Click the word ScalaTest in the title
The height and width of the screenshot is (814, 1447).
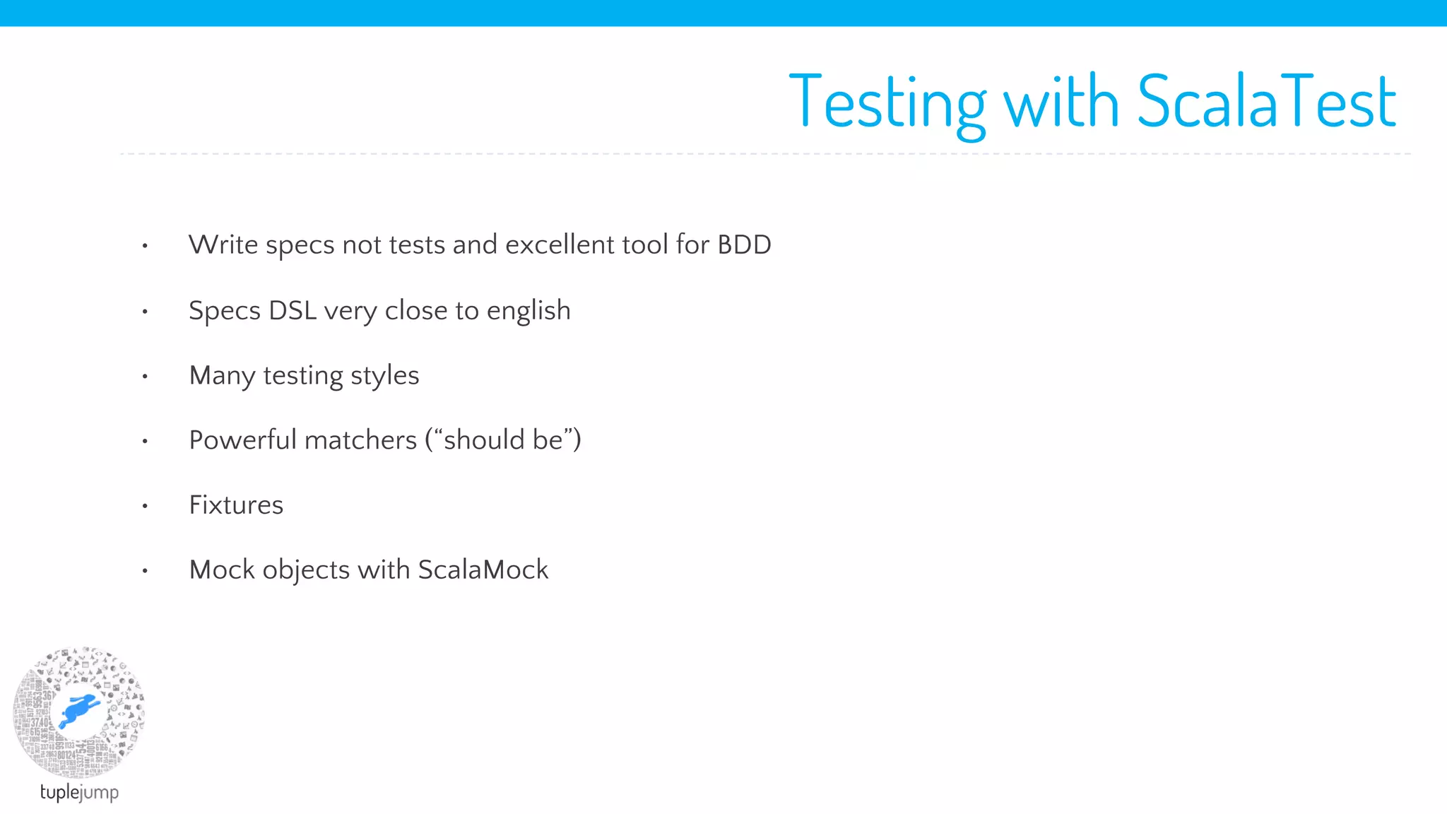1266,102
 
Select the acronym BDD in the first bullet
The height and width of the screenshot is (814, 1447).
744,244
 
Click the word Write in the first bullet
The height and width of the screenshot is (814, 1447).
223,244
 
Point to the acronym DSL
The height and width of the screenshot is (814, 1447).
293,310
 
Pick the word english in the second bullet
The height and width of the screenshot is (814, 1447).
528,312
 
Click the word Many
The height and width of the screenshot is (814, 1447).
222,376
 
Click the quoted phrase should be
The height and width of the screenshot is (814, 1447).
503,440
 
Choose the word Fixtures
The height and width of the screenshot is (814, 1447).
236,505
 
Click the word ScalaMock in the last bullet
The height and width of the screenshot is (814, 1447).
483,570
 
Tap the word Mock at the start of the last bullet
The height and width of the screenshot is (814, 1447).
222,570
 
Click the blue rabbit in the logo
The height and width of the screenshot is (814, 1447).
79,709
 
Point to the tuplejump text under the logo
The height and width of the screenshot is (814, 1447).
79,792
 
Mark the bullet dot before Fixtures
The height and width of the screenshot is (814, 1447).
145,506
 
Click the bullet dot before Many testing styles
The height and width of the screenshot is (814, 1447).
145,377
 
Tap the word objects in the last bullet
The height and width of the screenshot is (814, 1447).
306,571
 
